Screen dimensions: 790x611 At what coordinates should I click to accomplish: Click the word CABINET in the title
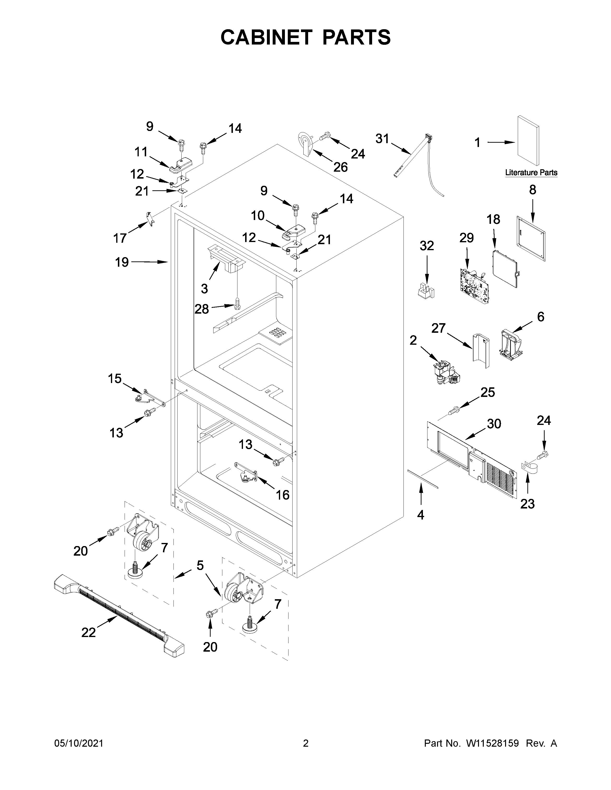tap(266, 37)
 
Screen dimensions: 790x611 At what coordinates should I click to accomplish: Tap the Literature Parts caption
tap(531, 173)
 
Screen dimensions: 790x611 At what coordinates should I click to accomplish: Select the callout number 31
tap(382, 139)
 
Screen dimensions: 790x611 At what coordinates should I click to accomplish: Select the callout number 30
tap(494, 423)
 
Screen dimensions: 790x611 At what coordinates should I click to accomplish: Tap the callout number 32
tap(427, 246)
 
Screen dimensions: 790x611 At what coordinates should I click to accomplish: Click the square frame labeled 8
tap(531, 238)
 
